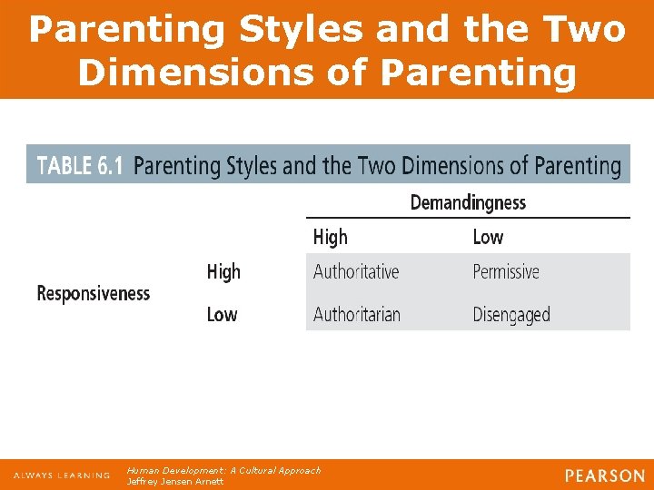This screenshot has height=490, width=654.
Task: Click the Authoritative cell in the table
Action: tap(356, 271)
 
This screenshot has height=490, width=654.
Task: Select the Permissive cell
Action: tap(506, 271)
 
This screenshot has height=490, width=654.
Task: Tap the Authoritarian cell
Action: tap(357, 315)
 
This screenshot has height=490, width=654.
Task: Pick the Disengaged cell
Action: tap(511, 315)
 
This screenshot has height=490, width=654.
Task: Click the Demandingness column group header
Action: tap(468, 202)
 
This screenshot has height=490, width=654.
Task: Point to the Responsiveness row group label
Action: tap(93, 293)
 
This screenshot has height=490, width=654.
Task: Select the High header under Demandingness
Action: tap(331, 237)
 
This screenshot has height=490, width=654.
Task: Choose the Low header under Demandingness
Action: tap(488, 237)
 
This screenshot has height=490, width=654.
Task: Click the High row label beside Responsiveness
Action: tap(223, 271)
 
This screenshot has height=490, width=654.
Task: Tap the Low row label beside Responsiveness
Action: tap(222, 315)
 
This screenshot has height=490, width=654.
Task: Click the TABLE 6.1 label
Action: tap(77, 166)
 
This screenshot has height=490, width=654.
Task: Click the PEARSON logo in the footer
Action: tap(604, 475)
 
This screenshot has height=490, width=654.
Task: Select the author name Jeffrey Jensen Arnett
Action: tap(174, 482)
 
